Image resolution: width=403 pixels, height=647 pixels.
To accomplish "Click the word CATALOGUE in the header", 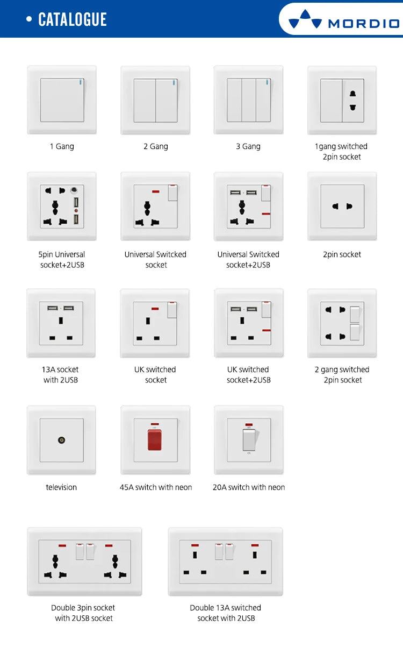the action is click(73, 19).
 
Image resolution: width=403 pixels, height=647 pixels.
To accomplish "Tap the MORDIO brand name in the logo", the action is click(364, 24).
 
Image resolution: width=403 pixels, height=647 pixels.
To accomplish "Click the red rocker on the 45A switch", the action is click(155, 439).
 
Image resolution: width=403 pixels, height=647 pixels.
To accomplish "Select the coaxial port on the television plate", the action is click(61, 440).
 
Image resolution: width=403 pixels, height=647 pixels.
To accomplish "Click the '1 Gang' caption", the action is click(62, 146).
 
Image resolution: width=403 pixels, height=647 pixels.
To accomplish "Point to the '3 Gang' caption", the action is click(248, 146).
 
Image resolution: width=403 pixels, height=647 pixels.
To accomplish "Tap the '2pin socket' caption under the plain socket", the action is click(342, 254).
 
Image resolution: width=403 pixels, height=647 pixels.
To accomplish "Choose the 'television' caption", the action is click(61, 487).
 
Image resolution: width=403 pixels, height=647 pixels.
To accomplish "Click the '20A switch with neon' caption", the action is click(249, 487).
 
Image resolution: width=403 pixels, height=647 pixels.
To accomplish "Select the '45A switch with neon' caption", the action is click(156, 487).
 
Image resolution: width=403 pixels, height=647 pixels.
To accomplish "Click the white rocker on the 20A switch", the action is click(249, 440).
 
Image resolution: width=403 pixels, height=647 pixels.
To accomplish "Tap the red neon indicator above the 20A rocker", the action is click(249, 424).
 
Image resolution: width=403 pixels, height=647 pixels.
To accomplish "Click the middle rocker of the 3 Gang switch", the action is click(249, 100).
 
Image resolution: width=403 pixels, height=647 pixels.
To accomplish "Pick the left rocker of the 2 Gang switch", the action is click(145, 101).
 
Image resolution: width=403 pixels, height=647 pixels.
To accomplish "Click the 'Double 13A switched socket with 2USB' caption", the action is click(226, 613).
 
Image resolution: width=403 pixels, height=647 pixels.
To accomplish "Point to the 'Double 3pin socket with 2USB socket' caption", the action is click(83, 613).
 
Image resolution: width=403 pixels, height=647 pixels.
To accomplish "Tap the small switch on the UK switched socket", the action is click(172, 310).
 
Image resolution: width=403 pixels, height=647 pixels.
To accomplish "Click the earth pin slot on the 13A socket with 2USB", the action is click(61, 321).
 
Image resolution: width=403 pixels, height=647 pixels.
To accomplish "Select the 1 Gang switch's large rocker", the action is click(62, 100).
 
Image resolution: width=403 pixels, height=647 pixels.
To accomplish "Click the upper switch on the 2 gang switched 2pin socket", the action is click(355, 314).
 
